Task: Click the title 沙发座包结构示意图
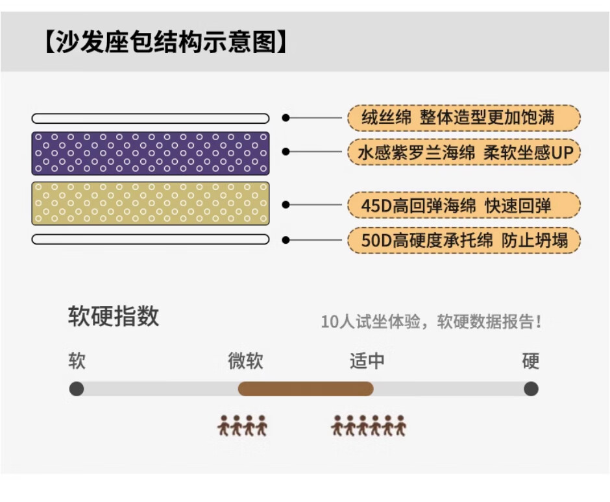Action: tap(166, 42)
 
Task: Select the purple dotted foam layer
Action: tap(151, 153)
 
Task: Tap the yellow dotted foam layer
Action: tap(151, 204)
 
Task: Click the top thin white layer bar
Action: tap(151, 118)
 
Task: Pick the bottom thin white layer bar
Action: tap(151, 239)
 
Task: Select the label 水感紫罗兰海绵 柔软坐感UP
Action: tap(464, 152)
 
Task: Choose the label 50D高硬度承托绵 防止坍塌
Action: tap(464, 240)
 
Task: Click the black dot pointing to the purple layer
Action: tap(286, 152)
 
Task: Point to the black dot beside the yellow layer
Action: tap(286, 204)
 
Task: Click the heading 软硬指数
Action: tap(114, 316)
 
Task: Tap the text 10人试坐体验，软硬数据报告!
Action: tap(431, 322)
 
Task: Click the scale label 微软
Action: tap(245, 361)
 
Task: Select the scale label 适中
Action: tap(367, 361)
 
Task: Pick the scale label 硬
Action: tap(531, 361)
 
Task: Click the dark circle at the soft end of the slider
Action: tap(77, 389)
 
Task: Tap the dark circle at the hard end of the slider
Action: tap(531, 389)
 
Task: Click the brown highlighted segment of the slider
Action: tap(306, 389)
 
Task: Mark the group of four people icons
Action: tap(242, 425)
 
